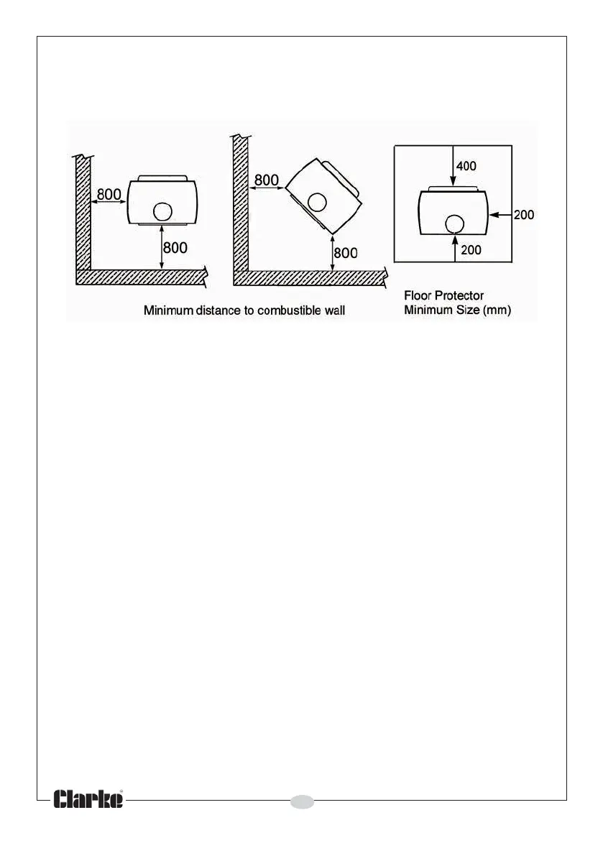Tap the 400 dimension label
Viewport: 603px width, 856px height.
click(466, 166)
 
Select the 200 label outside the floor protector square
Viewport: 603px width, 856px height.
click(525, 214)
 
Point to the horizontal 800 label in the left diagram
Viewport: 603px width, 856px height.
click(109, 194)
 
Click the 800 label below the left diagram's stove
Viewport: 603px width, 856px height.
click(176, 248)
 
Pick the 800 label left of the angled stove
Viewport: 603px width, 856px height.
click(267, 180)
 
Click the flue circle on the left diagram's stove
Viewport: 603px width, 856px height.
click(163, 211)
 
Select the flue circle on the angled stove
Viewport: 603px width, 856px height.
click(316, 203)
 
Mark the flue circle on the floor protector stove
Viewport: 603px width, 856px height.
click(454, 224)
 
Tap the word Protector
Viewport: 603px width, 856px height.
click(457, 296)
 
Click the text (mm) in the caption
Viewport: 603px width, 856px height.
click(497, 311)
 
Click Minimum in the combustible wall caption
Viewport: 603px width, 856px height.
click(169, 311)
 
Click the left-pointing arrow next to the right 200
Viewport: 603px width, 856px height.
click(500, 214)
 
